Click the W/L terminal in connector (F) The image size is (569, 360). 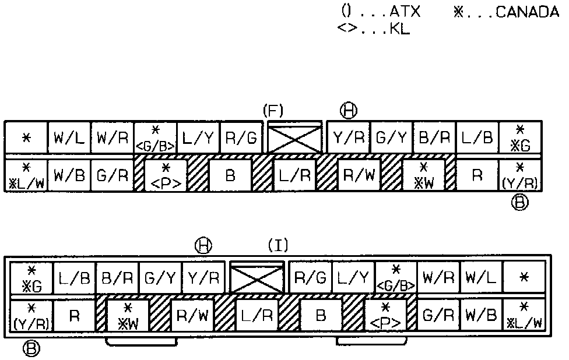pyautogui.click(x=69, y=139)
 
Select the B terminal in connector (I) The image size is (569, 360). pyautogui.click(x=320, y=316)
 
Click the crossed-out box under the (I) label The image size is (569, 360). pyautogui.click(x=257, y=277)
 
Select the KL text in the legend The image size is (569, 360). pyautogui.click(x=399, y=29)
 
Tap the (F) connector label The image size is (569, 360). pyautogui.click(x=273, y=110)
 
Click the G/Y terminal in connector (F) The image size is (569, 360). pyautogui.click(x=391, y=139)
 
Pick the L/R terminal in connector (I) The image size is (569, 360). pyautogui.click(x=257, y=316)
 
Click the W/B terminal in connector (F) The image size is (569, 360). pyautogui.click(x=69, y=174)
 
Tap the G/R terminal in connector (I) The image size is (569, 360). pyautogui.click(x=437, y=316)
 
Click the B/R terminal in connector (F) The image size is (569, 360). pyautogui.click(x=434, y=139)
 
